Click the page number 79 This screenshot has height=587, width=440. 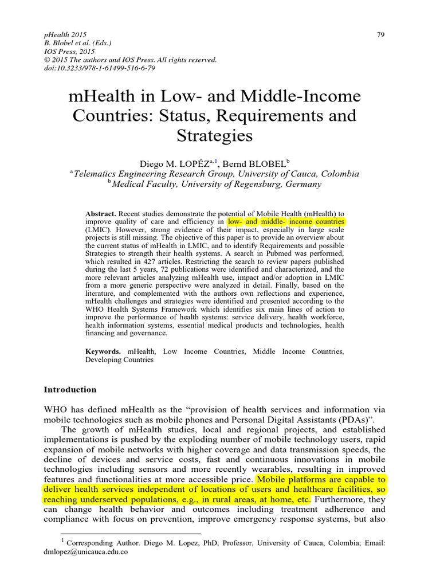(380, 35)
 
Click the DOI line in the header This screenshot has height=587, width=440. (100, 68)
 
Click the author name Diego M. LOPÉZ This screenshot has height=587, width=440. (176, 163)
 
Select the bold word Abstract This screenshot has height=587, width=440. (101, 213)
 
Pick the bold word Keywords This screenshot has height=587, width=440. (103, 351)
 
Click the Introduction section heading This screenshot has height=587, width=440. (70, 390)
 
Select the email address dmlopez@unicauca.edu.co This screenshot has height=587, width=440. (86, 552)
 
